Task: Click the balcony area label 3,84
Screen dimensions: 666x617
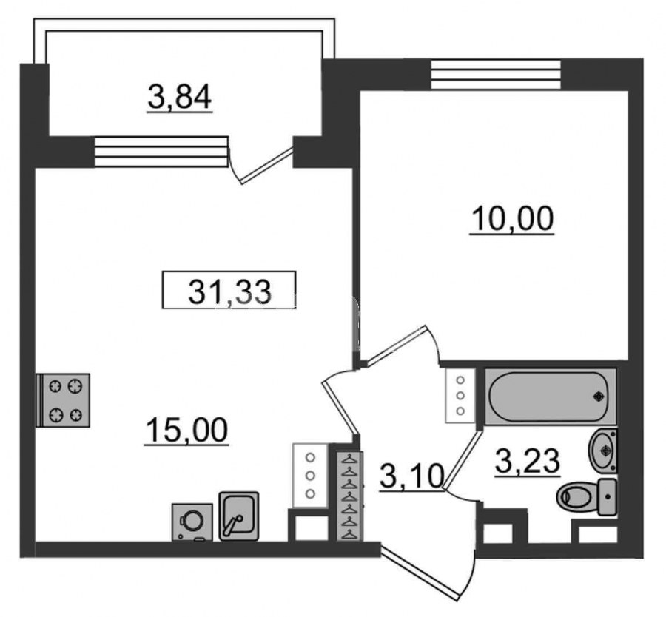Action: [x=180, y=97]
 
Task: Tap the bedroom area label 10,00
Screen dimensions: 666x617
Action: [x=512, y=218]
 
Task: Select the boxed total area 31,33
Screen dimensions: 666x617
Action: [x=229, y=290]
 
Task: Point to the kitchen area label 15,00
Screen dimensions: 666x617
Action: [x=186, y=430]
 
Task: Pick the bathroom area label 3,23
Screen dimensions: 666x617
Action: [x=527, y=461]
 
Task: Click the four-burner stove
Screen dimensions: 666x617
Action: [x=64, y=400]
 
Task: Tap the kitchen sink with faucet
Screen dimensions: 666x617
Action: [x=239, y=516]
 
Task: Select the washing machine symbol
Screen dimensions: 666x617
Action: [x=192, y=522]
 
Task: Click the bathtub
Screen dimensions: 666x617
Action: [x=550, y=397]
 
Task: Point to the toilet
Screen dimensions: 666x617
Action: [x=587, y=496]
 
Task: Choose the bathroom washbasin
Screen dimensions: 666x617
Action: [x=602, y=450]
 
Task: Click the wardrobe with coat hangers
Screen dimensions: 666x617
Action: [x=350, y=496]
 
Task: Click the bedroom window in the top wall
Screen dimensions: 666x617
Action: [x=496, y=74]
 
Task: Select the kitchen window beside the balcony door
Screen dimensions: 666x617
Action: [x=161, y=152]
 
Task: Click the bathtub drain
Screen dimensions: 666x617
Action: [x=599, y=397]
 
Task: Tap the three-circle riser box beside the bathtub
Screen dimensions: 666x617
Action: [x=460, y=396]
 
